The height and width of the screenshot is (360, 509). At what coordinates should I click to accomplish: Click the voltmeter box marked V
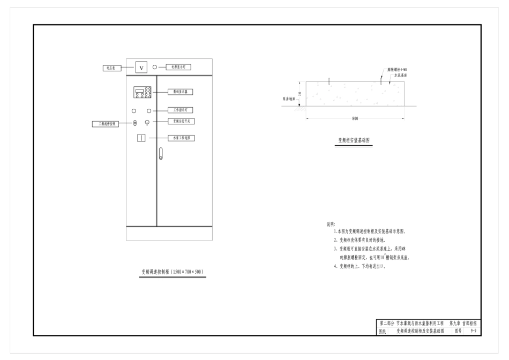(141, 67)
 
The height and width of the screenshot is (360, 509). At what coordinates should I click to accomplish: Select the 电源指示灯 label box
(178, 67)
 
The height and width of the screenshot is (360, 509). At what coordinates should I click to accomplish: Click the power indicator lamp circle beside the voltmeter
(155, 67)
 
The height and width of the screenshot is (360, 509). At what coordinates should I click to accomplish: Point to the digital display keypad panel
(143, 92)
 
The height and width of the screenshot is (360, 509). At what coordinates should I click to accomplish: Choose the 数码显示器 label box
(180, 92)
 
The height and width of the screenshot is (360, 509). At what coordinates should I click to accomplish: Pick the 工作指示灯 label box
(180, 110)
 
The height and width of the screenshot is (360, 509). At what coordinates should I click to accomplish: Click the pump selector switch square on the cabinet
(141, 138)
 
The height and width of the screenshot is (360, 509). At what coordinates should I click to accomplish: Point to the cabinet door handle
(160, 154)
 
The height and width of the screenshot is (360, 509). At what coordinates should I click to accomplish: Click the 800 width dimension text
(355, 118)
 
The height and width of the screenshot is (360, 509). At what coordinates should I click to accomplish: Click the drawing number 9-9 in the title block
(473, 332)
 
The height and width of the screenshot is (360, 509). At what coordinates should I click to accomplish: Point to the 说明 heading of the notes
(331, 224)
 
